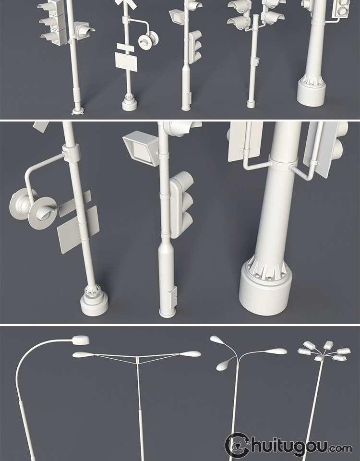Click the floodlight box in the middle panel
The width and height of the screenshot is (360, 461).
141,148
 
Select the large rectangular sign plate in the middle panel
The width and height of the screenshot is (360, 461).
78,230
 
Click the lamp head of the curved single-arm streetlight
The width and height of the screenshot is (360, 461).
81,340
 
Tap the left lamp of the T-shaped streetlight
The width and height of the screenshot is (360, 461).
84,354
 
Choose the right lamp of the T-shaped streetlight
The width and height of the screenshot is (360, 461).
191,354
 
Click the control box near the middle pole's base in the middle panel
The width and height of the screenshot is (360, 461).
172,298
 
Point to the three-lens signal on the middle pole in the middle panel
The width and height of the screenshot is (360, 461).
181,205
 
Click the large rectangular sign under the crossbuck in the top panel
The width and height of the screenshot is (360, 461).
126,62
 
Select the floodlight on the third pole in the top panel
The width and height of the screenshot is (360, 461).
177,16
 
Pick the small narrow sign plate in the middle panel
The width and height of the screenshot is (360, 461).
75,204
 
